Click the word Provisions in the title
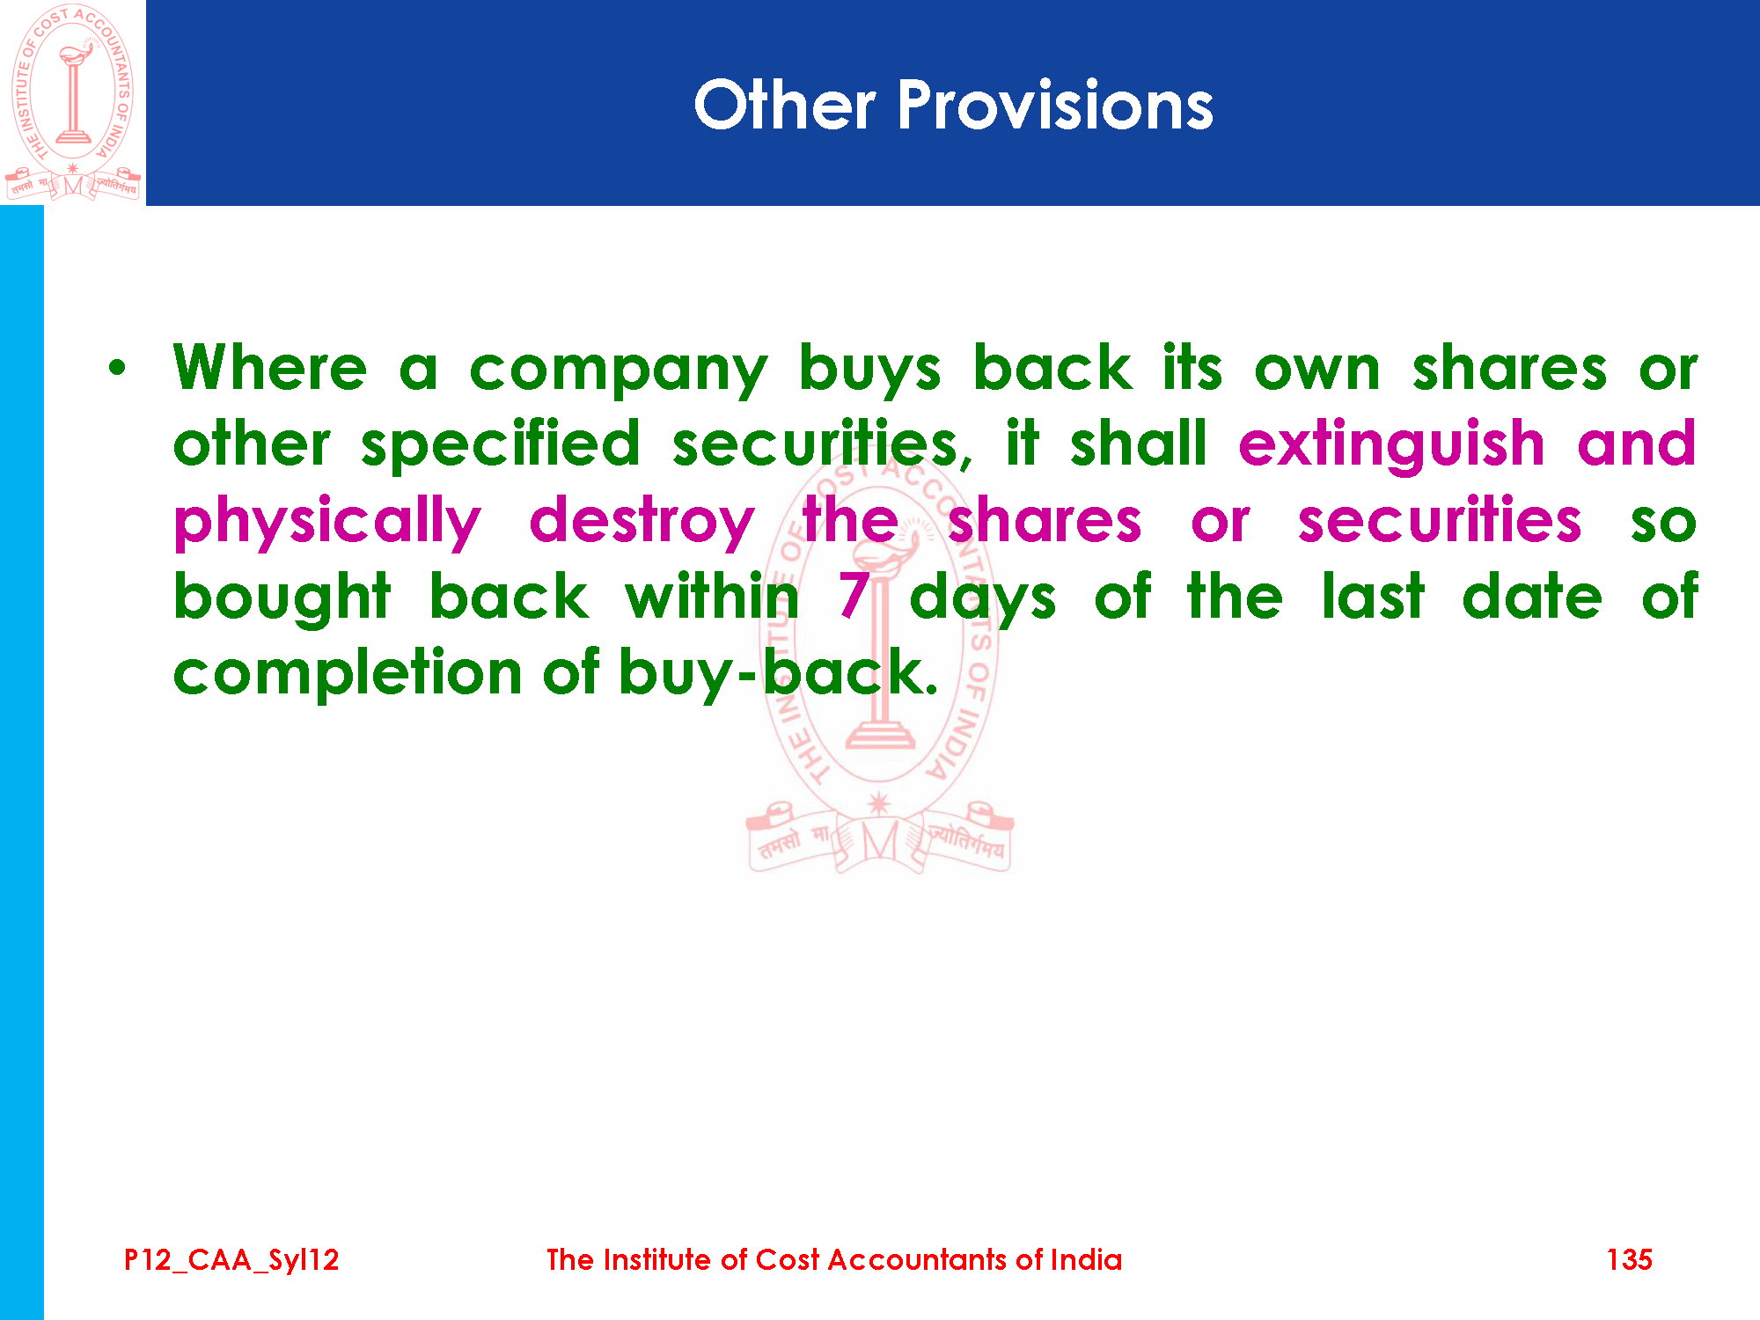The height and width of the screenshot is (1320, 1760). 1055,105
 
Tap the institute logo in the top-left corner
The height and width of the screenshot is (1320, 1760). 73,102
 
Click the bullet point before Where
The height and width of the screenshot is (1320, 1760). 117,368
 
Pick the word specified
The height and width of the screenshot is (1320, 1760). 501,445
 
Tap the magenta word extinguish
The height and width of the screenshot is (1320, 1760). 1391,445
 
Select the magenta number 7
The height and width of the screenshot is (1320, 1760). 854,595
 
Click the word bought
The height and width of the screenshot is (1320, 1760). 282,599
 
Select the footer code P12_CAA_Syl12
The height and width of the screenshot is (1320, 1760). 231,1260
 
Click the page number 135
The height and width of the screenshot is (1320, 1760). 1629,1259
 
